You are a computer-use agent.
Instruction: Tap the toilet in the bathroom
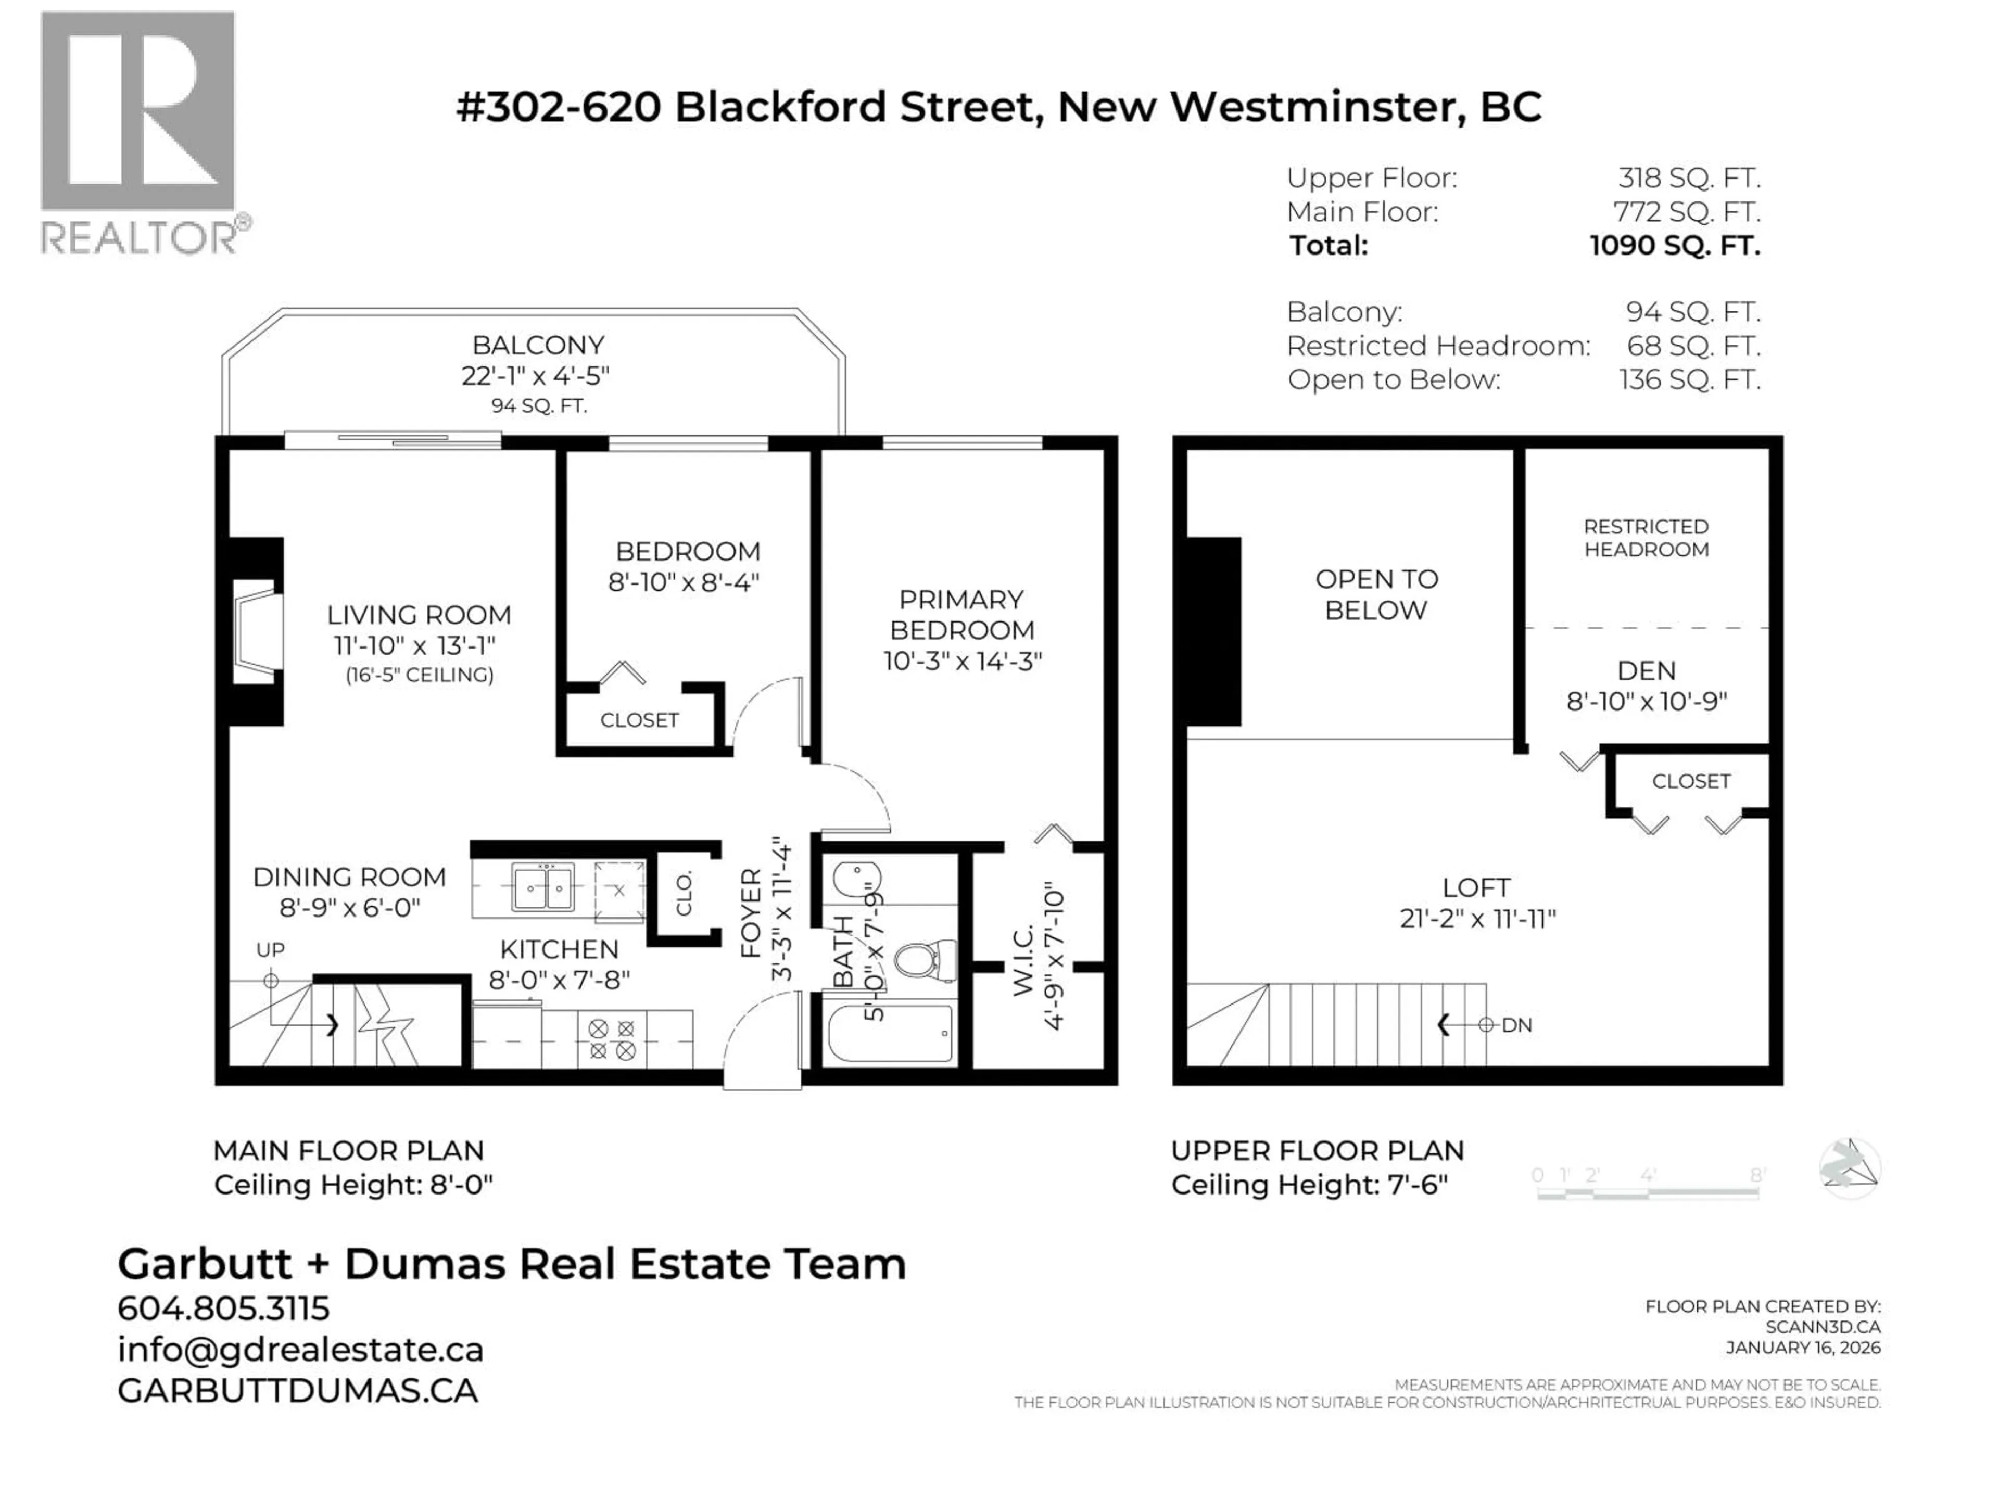tap(922, 960)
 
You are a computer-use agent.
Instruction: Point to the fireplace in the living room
tap(256, 631)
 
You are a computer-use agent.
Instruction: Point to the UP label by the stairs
tap(270, 950)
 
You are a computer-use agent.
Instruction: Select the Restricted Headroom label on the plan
tap(1646, 538)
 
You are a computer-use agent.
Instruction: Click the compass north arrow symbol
tap(1849, 1168)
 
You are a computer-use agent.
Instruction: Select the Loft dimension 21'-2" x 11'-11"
tap(1477, 919)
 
